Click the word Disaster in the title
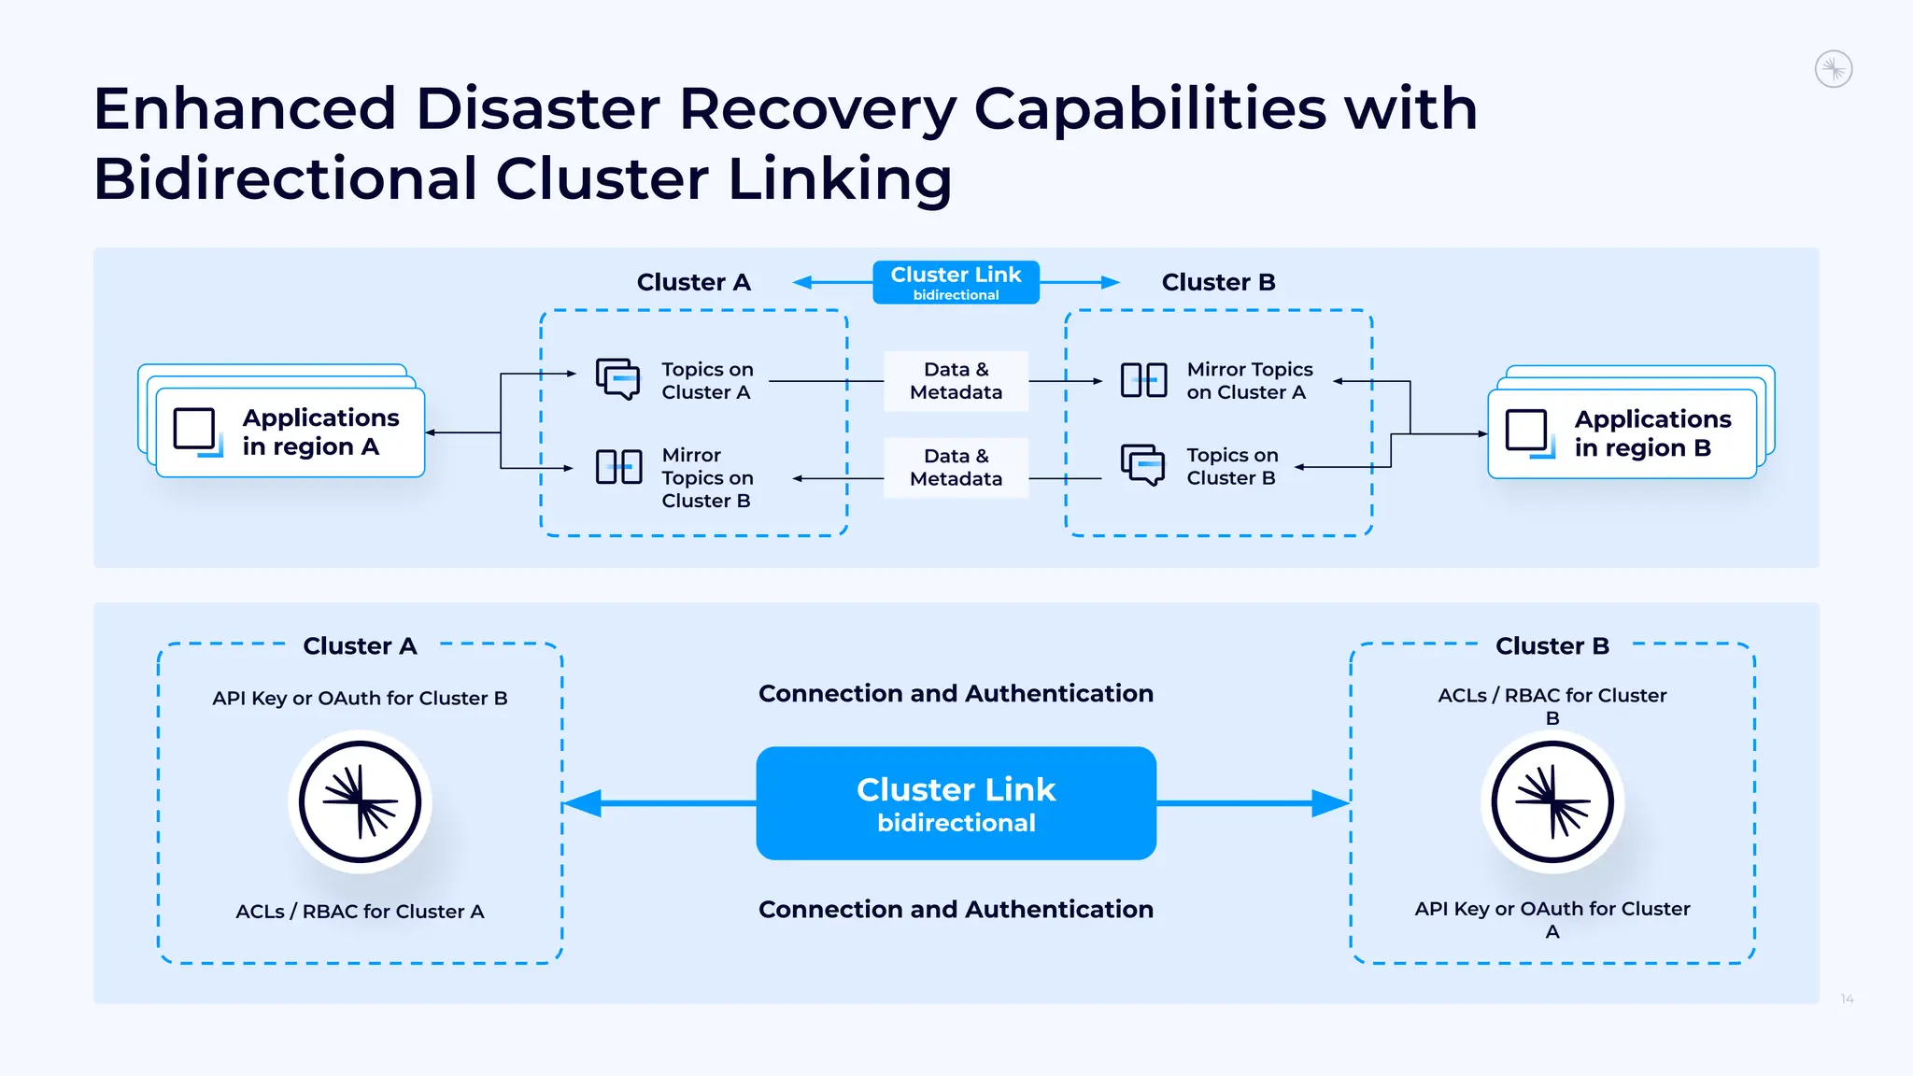click(x=537, y=109)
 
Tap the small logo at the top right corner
click(x=1833, y=69)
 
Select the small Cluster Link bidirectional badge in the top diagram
click(x=956, y=282)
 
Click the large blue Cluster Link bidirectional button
click(x=956, y=803)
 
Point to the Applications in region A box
click(x=290, y=432)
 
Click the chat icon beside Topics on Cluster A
click(x=618, y=379)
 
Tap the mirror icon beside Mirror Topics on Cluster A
click(x=1143, y=380)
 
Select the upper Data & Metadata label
click(x=956, y=381)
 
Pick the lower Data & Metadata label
click(x=956, y=467)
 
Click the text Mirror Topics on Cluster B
click(x=706, y=478)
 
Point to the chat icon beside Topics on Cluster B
click(x=1142, y=464)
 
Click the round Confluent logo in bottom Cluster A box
click(x=360, y=801)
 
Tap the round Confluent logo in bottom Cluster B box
click(x=1552, y=801)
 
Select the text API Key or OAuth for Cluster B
click(x=360, y=698)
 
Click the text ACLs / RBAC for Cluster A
click(x=360, y=912)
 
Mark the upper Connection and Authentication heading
click(x=956, y=693)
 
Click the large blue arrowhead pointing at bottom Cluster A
click(x=584, y=803)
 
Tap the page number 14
click(x=1847, y=999)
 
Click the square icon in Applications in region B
click(x=1527, y=431)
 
